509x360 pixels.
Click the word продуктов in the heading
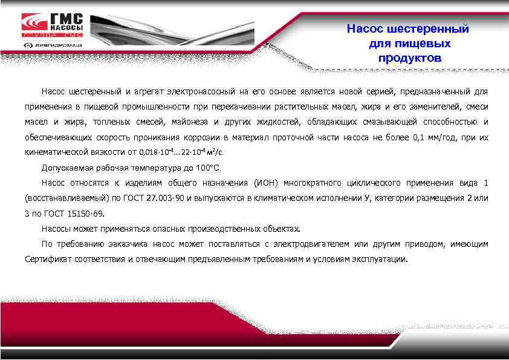[409, 59]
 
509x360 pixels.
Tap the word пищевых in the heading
[409, 44]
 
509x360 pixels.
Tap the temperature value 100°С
[209, 168]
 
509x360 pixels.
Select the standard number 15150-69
[85, 214]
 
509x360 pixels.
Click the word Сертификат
[49, 259]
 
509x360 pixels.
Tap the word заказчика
[128, 244]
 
